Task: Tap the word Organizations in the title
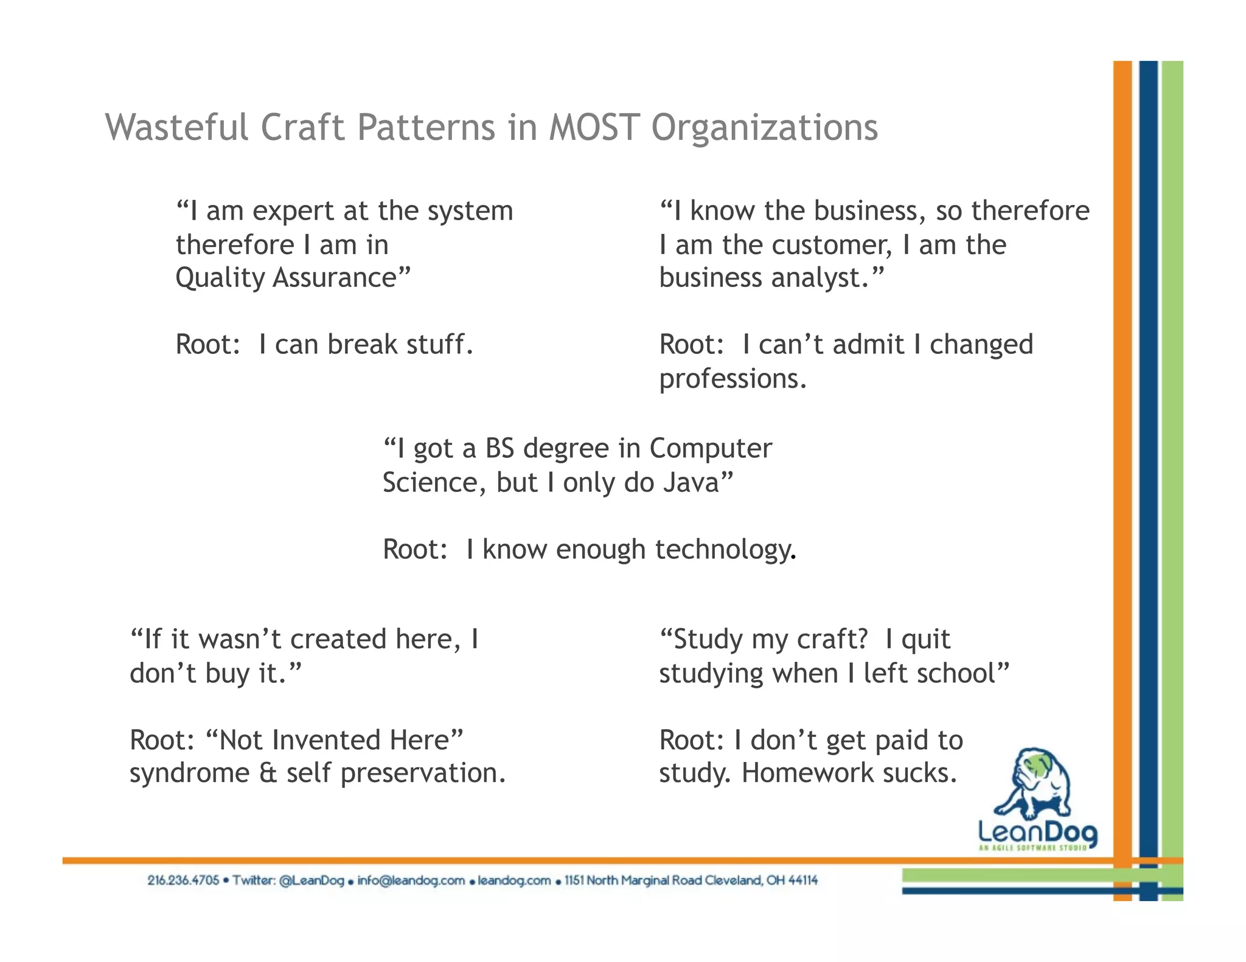(764, 129)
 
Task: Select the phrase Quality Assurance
(293, 278)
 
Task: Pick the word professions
(733, 379)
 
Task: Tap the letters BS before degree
(499, 449)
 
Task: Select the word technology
(725, 550)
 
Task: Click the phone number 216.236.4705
(183, 881)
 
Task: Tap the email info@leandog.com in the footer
(411, 881)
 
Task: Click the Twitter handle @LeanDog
(311, 881)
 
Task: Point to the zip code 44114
(802, 881)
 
